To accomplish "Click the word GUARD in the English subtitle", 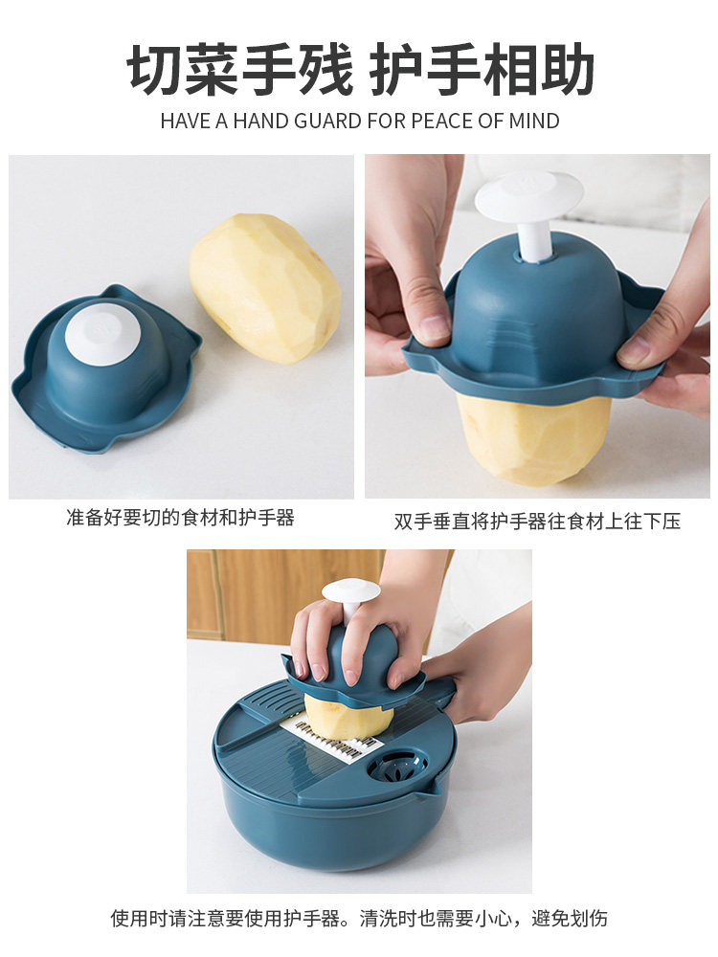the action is click(327, 121).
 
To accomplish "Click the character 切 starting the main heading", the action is click(155, 68).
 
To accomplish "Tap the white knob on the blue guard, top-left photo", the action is click(102, 334).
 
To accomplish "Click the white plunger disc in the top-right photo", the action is click(528, 194).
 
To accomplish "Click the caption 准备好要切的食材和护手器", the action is click(181, 518).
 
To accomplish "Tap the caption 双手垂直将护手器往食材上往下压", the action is click(537, 522).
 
